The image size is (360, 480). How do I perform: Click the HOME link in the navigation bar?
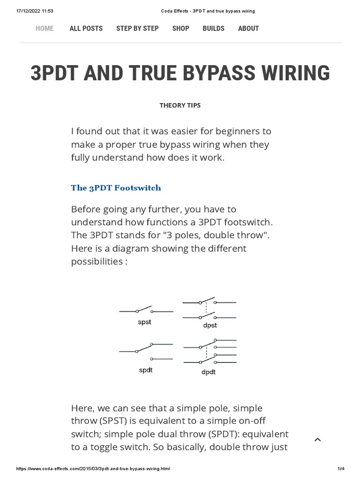pos(45,29)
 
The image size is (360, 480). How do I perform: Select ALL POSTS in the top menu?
pos(86,29)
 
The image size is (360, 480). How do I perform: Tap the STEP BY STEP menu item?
pos(137,29)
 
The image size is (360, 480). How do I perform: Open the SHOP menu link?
pos(180,29)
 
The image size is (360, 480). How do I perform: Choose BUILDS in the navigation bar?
pos(213,29)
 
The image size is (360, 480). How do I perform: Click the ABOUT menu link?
pos(248,29)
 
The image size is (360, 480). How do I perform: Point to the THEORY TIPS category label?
pos(180,105)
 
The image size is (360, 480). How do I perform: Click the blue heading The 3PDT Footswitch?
pos(116,188)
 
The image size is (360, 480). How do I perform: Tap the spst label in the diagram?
pos(145,322)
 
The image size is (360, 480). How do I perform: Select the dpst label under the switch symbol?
pos(210,325)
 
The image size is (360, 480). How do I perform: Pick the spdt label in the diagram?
pos(145,370)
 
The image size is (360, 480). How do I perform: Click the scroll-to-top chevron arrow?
pos(317,440)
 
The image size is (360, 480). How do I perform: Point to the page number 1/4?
pos(341,469)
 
